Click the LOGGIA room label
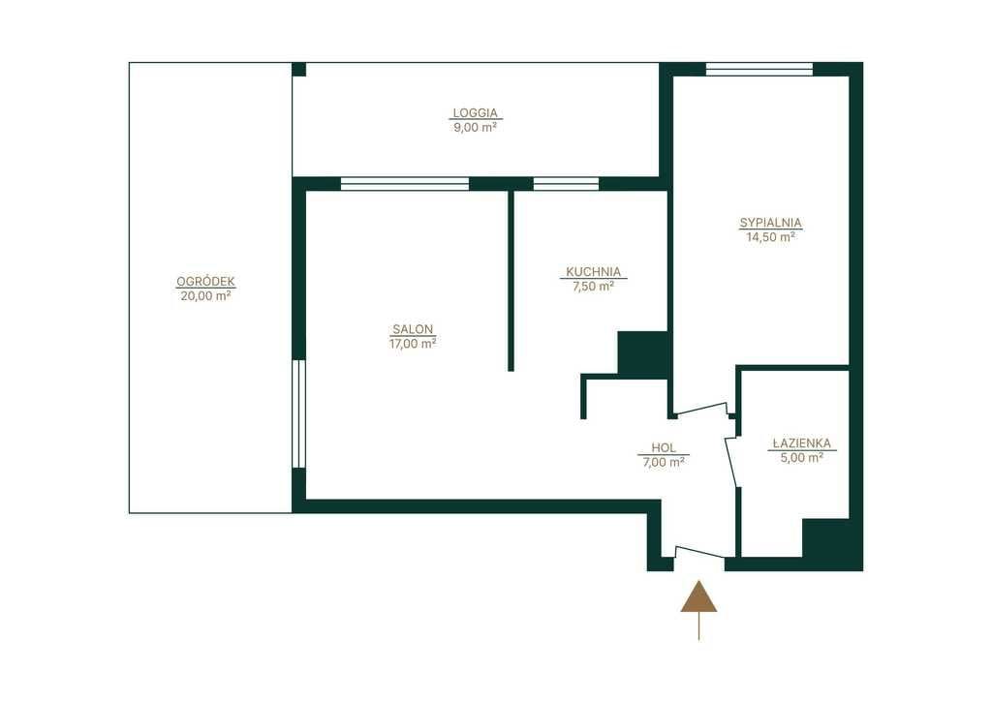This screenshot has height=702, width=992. [475, 113]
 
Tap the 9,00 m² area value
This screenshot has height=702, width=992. [475, 127]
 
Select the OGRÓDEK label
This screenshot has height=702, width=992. [205, 282]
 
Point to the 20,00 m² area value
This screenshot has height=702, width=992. [205, 295]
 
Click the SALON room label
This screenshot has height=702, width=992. [413, 329]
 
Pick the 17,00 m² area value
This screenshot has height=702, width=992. [413, 344]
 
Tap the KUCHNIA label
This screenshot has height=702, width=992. [594, 272]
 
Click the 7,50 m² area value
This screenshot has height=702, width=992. [594, 286]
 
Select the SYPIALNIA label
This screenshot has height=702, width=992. [770, 223]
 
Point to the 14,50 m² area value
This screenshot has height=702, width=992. [770, 237]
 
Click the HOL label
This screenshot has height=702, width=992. [663, 447]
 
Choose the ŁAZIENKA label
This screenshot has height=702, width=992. [802, 443]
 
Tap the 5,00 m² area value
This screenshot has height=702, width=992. [802, 457]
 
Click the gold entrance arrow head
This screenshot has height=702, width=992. [699, 596]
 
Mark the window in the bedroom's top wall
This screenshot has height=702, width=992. [759, 69]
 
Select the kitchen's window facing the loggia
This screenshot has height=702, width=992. [566, 184]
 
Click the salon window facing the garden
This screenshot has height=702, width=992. [299, 414]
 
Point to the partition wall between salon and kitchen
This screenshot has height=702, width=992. [511, 281]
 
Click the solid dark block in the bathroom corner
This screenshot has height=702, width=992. [825, 538]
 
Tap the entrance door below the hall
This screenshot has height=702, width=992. [699, 552]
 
